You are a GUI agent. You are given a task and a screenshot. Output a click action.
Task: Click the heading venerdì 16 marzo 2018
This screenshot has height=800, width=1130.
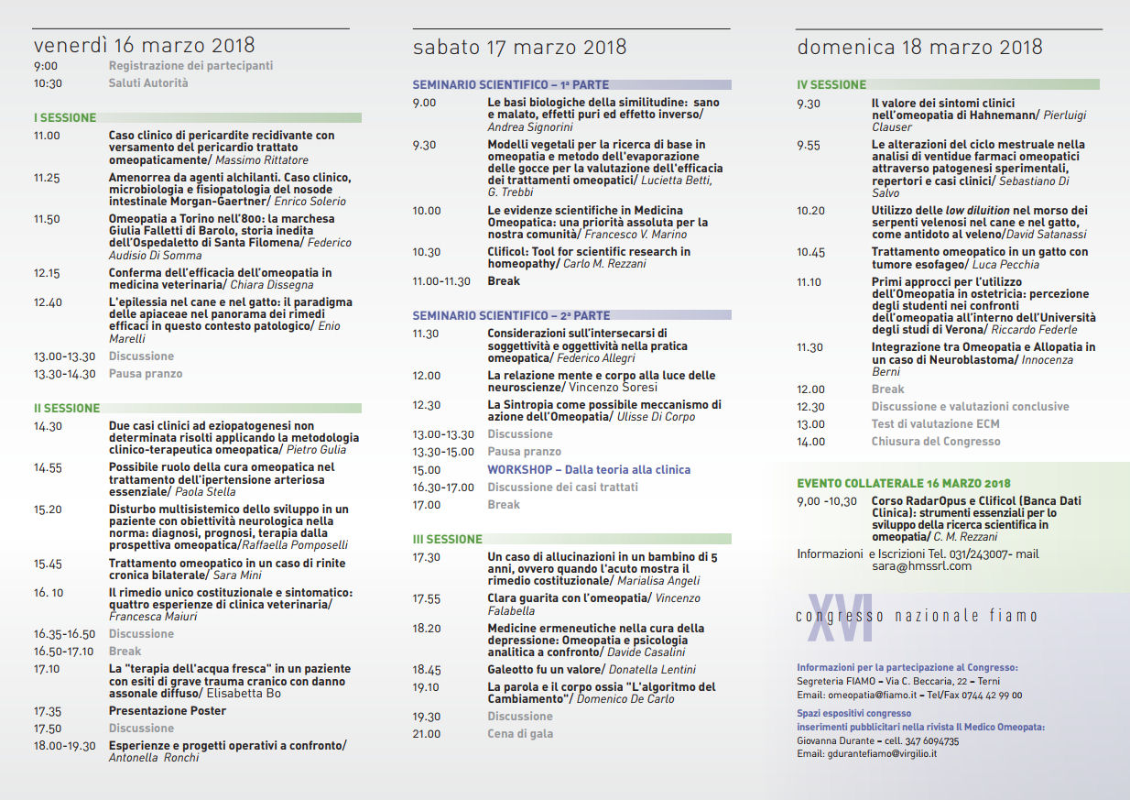coord(144,45)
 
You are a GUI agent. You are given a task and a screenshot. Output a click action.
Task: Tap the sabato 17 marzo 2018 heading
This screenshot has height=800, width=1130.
coord(519,47)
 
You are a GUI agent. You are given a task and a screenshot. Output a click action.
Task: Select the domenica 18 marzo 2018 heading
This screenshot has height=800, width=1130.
coord(919,47)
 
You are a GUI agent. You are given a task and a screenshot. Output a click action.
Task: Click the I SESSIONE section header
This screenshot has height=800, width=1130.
coord(65,117)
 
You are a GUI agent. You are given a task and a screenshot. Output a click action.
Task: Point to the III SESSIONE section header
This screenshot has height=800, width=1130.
coord(447,539)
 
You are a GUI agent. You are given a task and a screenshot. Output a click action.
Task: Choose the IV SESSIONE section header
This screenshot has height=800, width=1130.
coord(831,84)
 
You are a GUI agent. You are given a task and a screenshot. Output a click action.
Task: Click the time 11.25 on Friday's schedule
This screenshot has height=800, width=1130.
coord(47,178)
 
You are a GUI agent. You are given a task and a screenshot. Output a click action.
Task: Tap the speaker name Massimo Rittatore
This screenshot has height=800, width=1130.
coord(262,159)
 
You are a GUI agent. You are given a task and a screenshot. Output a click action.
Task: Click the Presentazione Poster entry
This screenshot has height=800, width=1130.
coord(168,710)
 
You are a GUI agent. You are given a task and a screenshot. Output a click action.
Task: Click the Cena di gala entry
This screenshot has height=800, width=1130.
coord(520,733)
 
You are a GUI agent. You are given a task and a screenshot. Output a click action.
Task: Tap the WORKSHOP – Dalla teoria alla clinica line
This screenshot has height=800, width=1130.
coord(589,469)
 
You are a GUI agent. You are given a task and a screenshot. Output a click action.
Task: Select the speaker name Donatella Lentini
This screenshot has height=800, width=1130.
coord(653,670)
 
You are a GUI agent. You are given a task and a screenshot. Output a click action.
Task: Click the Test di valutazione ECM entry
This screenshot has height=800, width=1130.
coord(935,423)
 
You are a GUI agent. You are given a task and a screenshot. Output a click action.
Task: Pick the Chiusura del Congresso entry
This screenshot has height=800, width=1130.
coord(935,441)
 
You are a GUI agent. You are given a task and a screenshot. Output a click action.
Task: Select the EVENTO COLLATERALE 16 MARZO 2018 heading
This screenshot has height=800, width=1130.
coord(903,483)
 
